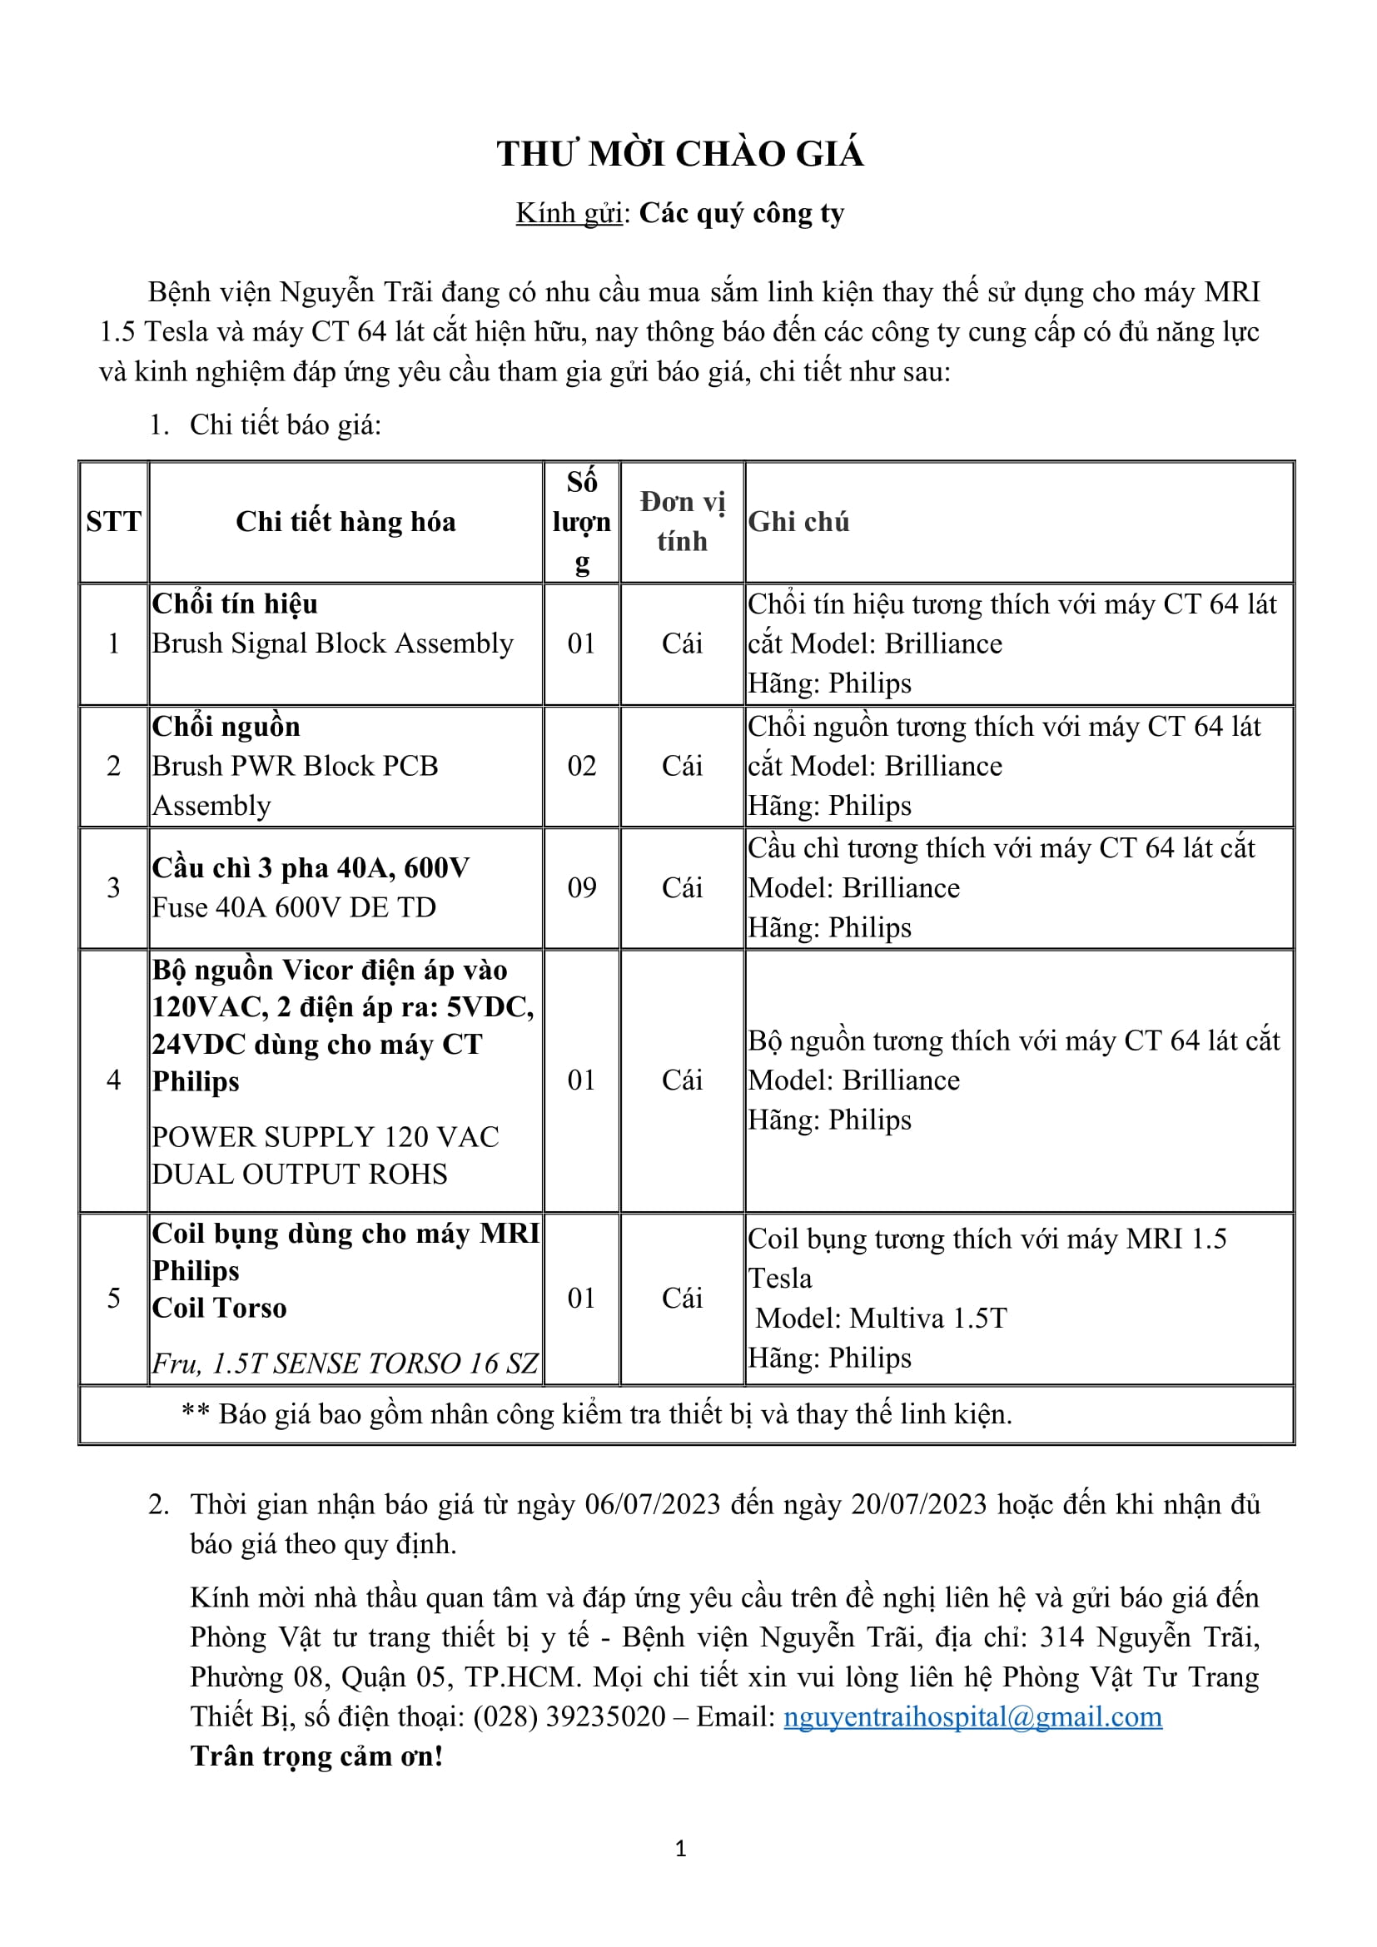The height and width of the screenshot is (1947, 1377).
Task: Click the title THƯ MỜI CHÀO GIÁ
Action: pos(680,154)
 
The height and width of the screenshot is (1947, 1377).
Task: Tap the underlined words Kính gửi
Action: pos(569,214)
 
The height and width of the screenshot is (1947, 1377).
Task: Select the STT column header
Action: pos(113,522)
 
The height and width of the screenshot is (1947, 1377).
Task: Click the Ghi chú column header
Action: pos(798,522)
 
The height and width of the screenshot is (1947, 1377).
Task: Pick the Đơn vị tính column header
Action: pos(682,522)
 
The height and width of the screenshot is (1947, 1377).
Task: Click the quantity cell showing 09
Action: pos(581,888)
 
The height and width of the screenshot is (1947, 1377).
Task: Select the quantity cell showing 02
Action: pos(581,766)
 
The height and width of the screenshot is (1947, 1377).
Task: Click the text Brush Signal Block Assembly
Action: pos(332,643)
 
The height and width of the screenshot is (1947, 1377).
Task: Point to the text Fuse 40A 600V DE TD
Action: pos(293,908)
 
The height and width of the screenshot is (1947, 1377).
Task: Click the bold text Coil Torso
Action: pos(220,1308)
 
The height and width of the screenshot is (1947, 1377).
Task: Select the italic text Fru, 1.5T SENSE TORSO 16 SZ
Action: pos(345,1363)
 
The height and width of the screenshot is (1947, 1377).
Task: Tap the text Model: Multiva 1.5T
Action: pos(881,1318)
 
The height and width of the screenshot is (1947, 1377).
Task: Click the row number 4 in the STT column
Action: pos(113,1080)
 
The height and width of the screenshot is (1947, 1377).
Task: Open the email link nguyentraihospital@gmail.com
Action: pos(972,1716)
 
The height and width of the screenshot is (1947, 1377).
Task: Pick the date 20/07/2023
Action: pos(919,1504)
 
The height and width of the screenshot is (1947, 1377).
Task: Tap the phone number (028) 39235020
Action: pos(569,1716)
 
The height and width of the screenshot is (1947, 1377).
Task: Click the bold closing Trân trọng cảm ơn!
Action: pos(316,1756)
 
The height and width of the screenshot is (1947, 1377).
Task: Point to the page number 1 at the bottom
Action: pos(680,1849)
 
